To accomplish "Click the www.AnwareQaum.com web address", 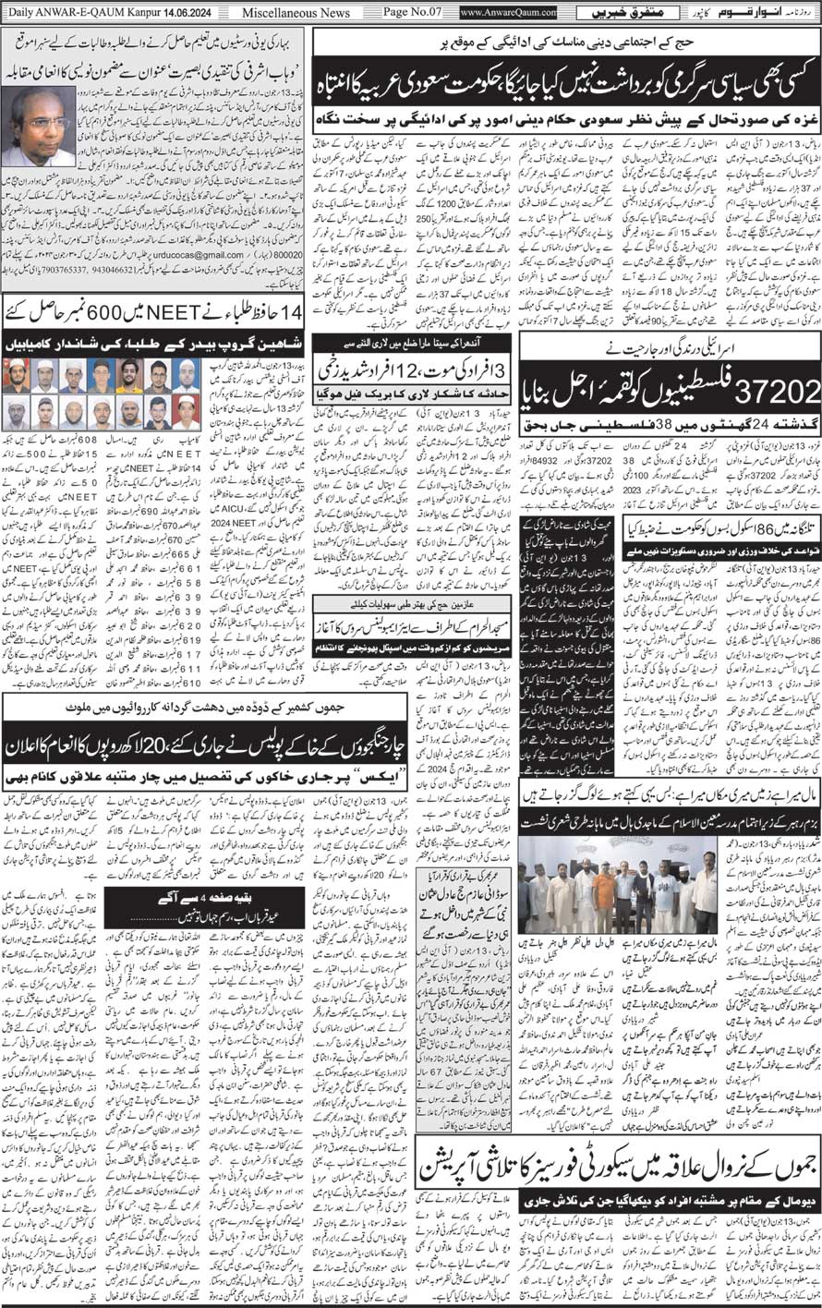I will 507,13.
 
